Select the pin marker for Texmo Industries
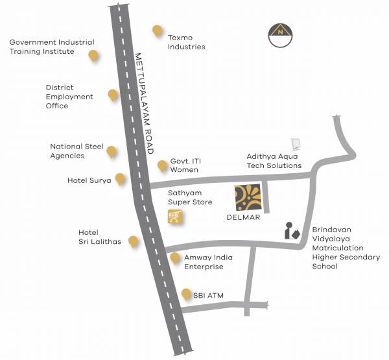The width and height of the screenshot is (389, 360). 156,30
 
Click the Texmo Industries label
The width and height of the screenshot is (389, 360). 186,42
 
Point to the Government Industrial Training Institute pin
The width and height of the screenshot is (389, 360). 94,56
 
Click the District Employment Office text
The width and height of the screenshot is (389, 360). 69,97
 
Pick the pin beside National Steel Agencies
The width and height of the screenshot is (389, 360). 112,152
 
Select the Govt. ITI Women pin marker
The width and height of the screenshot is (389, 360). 162,166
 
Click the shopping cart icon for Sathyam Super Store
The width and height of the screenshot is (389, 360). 174,217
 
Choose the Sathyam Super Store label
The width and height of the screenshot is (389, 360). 190,198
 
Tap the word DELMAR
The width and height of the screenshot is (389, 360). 245,218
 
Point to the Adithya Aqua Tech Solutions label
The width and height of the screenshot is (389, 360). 274,161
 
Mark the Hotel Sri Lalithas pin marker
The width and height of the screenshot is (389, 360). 134,242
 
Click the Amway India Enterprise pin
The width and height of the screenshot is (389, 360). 174,258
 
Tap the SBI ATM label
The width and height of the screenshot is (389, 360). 208,296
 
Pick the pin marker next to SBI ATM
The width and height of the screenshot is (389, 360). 186,293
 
